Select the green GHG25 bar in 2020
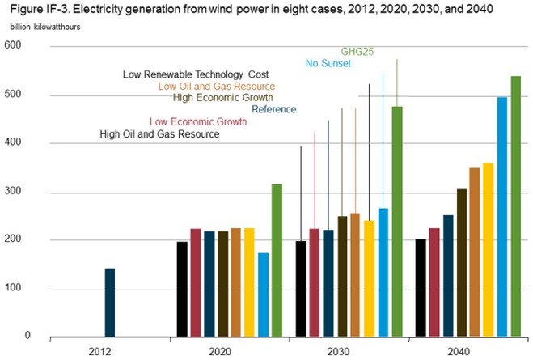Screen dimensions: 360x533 click(x=277, y=260)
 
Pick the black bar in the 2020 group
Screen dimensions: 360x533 click(x=182, y=288)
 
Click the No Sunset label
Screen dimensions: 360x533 click(x=328, y=63)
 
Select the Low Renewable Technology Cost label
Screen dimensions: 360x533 click(x=196, y=74)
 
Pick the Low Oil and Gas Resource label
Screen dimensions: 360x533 click(x=217, y=86)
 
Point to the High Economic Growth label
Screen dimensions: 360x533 click(x=224, y=98)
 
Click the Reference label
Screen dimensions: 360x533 click(x=274, y=109)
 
